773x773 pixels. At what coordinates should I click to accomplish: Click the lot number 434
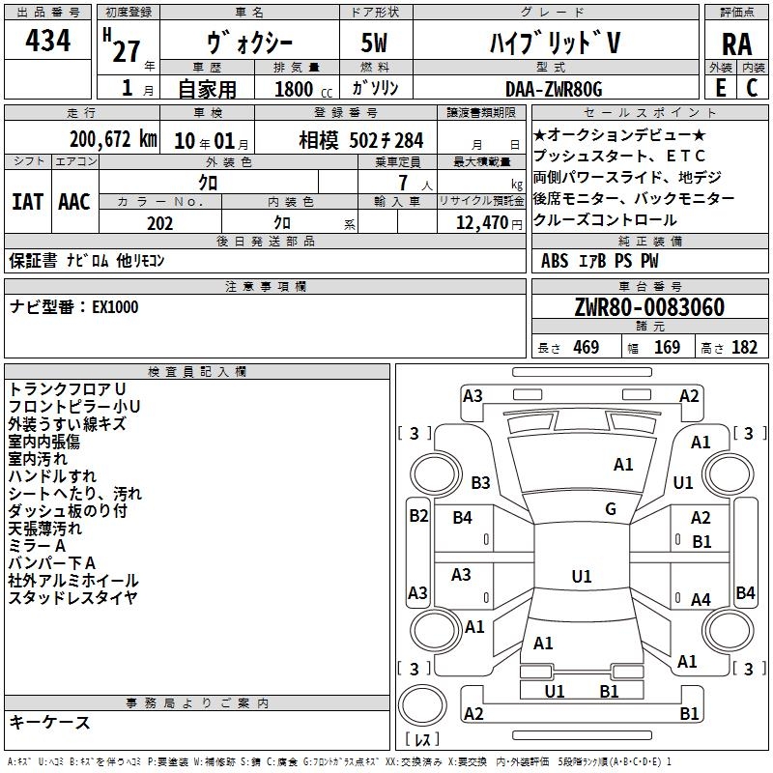pos(47,40)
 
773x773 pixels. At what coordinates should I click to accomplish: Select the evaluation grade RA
pos(736,44)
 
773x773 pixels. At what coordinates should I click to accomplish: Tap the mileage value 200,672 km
pos(113,139)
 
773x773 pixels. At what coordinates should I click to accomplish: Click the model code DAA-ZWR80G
pos(554,89)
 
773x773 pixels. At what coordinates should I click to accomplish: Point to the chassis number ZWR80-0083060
pos(649,307)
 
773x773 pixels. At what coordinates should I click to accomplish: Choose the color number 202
pos(159,223)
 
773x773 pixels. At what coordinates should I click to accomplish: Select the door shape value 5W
pos(374,43)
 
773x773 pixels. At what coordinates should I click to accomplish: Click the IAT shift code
pos(27,202)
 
